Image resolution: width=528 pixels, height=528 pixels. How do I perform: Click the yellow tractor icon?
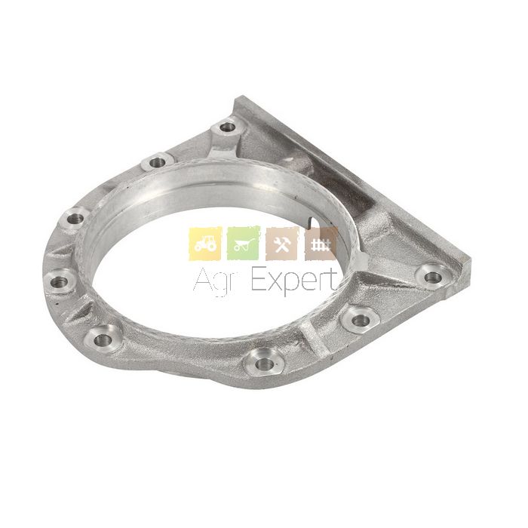pos(205,244)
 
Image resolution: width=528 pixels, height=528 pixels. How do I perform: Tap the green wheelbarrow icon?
pos(244,244)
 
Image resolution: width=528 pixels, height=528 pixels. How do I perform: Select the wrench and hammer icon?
pos(282,244)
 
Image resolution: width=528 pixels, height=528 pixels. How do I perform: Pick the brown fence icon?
pos(321,244)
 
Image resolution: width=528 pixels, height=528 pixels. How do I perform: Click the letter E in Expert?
pos(259,280)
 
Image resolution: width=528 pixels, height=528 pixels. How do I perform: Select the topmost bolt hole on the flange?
pos(229,127)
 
